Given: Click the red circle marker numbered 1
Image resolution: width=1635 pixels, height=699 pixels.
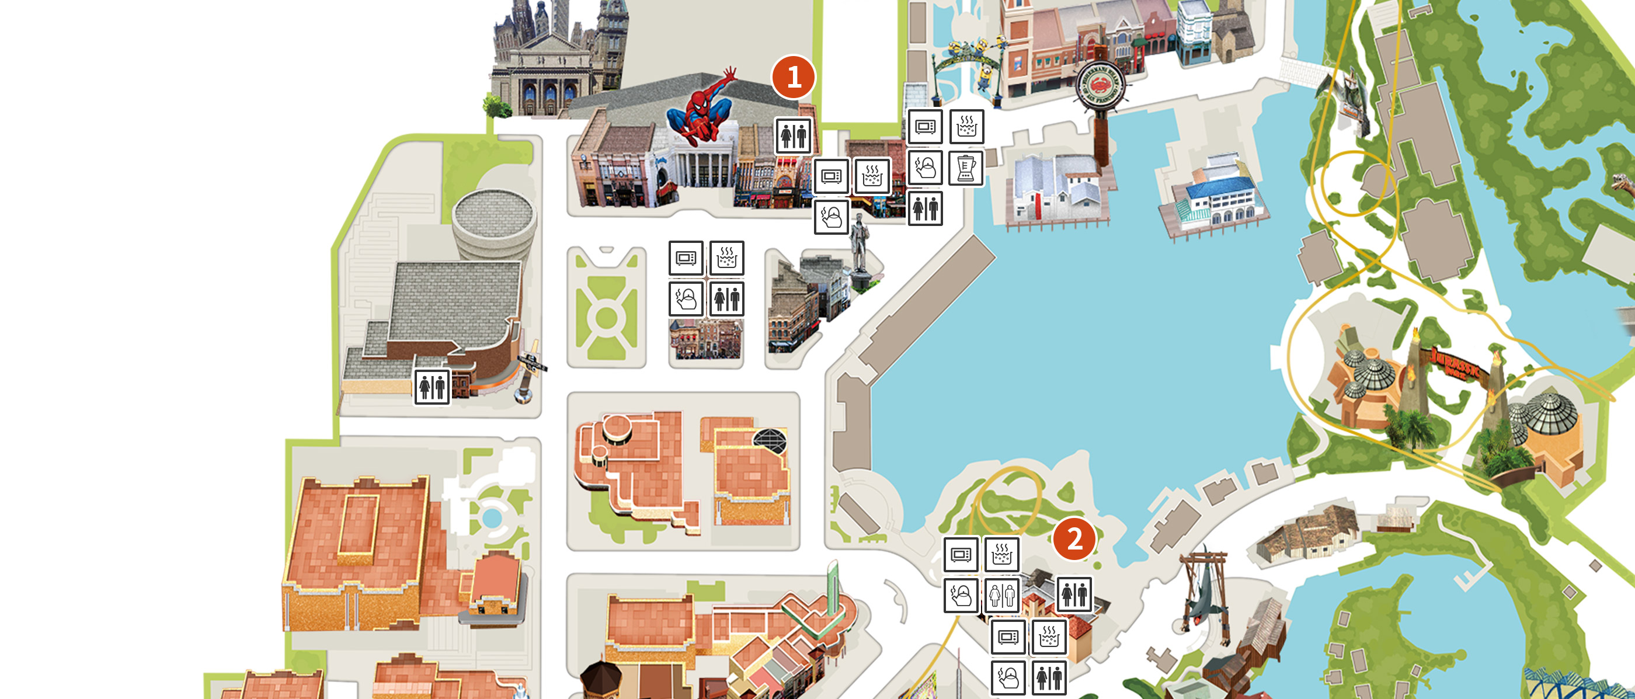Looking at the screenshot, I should pyautogui.click(x=793, y=78).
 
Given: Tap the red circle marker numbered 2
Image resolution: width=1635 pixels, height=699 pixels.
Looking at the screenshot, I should pyautogui.click(x=1074, y=539).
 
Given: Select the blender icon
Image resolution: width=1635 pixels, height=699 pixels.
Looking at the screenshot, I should pyautogui.click(x=966, y=168).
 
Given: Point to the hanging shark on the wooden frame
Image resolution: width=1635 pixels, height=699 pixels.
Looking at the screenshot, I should pyautogui.click(x=1202, y=603).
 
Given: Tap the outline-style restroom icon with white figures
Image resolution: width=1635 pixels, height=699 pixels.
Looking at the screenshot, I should pyautogui.click(x=1001, y=596).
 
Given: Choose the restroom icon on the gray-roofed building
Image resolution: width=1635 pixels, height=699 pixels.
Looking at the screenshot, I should pyautogui.click(x=432, y=387).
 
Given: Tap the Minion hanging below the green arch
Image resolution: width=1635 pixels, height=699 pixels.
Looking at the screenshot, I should pyautogui.click(x=985, y=76).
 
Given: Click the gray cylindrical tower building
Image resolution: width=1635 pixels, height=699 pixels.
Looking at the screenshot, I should pyautogui.click(x=495, y=222).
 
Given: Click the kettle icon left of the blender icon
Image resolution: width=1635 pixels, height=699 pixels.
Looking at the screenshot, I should pyautogui.click(x=925, y=168).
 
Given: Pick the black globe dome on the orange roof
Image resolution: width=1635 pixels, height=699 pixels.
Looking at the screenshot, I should pyautogui.click(x=770, y=439).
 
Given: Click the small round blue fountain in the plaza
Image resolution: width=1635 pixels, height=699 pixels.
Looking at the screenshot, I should pyautogui.click(x=491, y=517).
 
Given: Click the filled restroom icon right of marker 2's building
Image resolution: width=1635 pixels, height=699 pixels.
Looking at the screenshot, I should pyautogui.click(x=1074, y=594).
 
